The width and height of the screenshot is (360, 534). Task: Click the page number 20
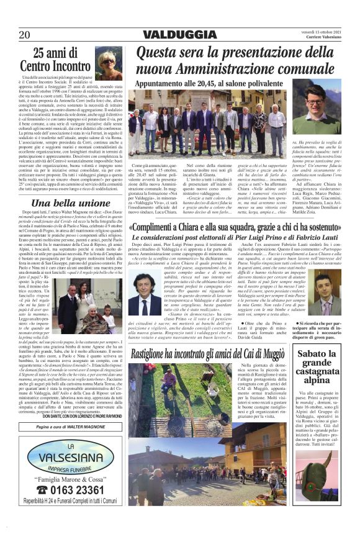tap(25, 34)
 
